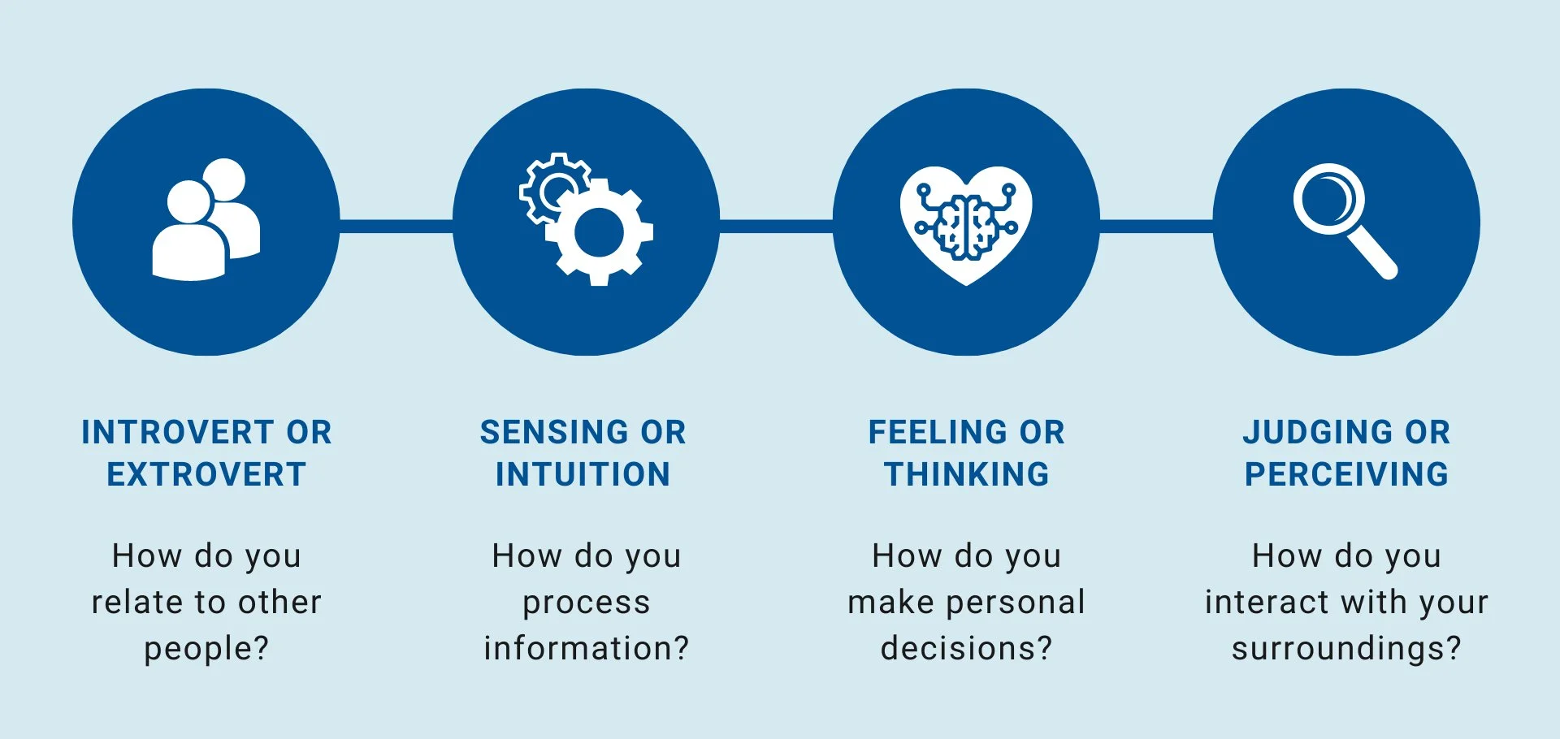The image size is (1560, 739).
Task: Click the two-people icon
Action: (x=206, y=220)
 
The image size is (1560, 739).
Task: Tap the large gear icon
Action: (x=600, y=233)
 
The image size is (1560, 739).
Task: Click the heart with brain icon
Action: (x=966, y=224)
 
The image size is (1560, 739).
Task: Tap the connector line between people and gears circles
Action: (x=396, y=225)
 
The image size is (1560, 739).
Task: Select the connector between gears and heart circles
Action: (x=776, y=225)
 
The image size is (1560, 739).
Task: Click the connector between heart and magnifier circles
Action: (x=1156, y=225)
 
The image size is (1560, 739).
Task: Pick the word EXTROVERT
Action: (x=206, y=475)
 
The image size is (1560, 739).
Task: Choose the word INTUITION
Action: (x=583, y=475)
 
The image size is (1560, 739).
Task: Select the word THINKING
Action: (x=967, y=475)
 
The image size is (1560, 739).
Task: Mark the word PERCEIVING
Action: (x=1347, y=475)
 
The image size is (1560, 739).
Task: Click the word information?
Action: (x=586, y=649)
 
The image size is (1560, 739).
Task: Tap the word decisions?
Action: (x=966, y=649)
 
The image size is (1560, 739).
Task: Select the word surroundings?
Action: (x=1346, y=649)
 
